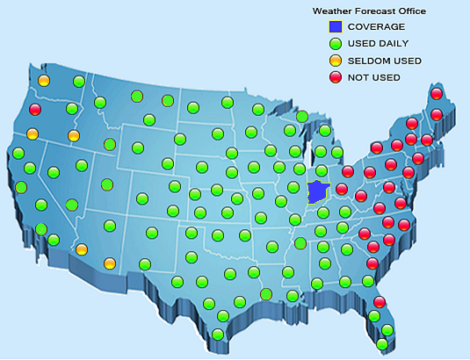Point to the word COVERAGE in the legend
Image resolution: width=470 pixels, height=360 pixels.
pyautogui.click(x=377, y=26)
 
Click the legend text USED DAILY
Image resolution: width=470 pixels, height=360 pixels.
pyautogui.click(x=379, y=43)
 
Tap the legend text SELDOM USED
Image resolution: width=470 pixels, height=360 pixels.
pyautogui.click(x=385, y=61)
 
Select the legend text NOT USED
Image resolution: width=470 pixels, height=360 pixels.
pyautogui.click(x=374, y=77)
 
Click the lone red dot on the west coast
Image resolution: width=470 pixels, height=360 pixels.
pyautogui.click(x=35, y=110)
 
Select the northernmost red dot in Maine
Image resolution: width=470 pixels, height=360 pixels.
pyautogui.click(x=436, y=94)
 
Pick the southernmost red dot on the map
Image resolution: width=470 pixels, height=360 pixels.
pyautogui.click(x=380, y=302)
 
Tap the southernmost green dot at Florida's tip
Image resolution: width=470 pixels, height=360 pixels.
pyautogui.click(x=382, y=344)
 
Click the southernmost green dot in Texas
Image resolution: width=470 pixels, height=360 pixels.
pyautogui.click(x=218, y=334)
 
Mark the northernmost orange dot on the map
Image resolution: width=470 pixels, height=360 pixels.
pyautogui.click(x=44, y=82)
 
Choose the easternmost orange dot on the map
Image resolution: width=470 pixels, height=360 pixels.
pyautogui.click(x=110, y=263)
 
